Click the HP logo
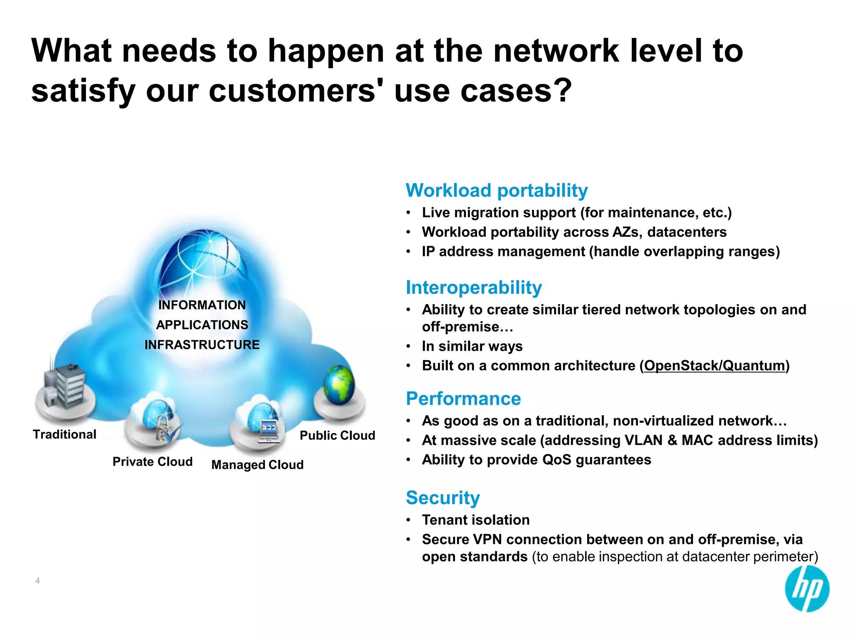pyautogui.click(x=807, y=589)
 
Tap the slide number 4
pyautogui.click(x=38, y=580)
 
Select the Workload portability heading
pyautogui.click(x=496, y=190)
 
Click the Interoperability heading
pyautogui.click(x=474, y=288)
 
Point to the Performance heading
pyautogui.click(x=463, y=399)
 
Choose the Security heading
pyautogui.click(x=443, y=497)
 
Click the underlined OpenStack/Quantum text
pyautogui.click(x=714, y=366)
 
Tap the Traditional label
pyautogui.click(x=65, y=434)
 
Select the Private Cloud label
pyautogui.click(x=153, y=462)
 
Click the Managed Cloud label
pyautogui.click(x=257, y=464)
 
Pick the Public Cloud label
pyautogui.click(x=337, y=435)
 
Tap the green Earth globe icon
pyautogui.click(x=339, y=384)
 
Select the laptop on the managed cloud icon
pyautogui.click(x=269, y=432)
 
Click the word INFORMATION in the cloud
pyautogui.click(x=202, y=305)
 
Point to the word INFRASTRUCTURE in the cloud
pyautogui.click(x=202, y=345)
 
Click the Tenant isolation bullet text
pyautogui.click(x=475, y=520)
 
